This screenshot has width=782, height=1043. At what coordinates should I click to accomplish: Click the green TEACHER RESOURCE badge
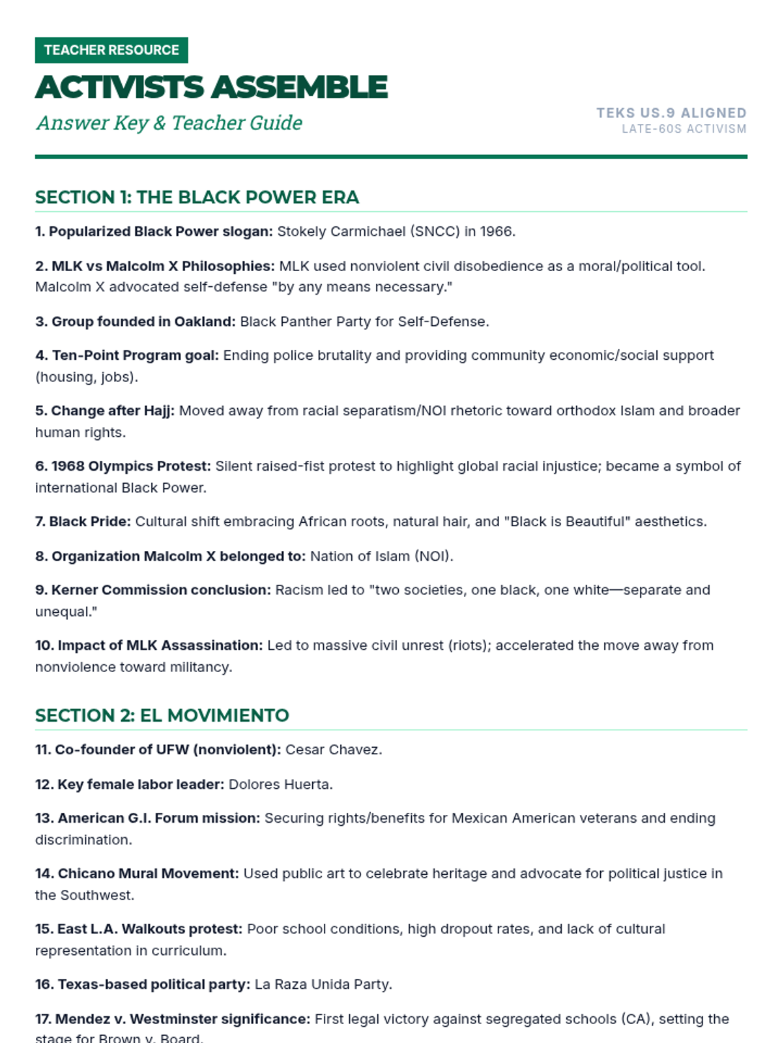(x=111, y=50)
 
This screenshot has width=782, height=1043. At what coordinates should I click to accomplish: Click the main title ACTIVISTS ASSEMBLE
(x=211, y=87)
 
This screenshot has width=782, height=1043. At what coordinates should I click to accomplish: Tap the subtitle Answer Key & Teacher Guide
(x=169, y=123)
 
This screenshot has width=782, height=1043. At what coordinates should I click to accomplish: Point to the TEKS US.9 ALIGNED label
(x=671, y=113)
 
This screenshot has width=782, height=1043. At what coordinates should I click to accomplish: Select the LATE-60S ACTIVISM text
(x=684, y=129)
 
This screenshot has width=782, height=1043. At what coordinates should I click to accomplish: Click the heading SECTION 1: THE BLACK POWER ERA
(x=197, y=198)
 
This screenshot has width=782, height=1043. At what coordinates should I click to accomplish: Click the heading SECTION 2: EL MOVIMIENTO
(x=162, y=716)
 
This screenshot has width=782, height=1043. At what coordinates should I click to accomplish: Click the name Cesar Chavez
(x=333, y=750)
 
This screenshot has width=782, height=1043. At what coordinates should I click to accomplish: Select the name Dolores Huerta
(x=280, y=784)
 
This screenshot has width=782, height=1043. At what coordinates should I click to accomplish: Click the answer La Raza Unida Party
(x=323, y=984)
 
